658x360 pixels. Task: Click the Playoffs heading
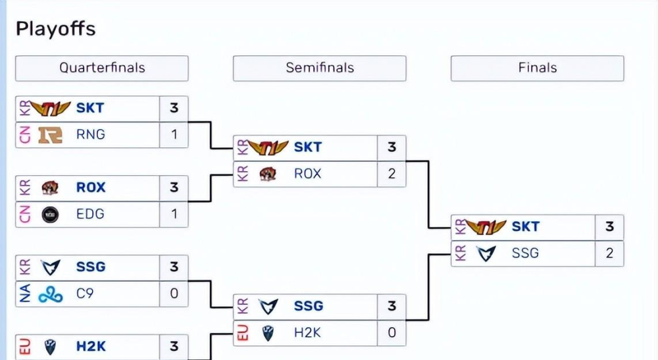click(56, 29)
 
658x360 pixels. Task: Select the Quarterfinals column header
click(102, 68)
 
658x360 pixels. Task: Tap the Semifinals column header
click(320, 68)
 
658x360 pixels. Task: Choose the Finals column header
click(538, 68)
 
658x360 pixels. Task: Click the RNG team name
click(91, 135)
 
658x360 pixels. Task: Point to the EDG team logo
click(51, 215)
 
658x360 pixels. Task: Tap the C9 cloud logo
click(51, 294)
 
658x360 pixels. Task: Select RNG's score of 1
click(174, 135)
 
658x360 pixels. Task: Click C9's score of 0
click(174, 294)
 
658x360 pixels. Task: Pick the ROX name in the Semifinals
click(308, 174)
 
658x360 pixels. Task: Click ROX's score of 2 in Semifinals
click(392, 174)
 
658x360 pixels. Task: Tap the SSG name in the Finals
click(525, 253)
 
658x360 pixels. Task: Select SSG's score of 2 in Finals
click(609, 253)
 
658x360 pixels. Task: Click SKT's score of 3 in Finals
click(609, 227)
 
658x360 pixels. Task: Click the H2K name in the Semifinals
click(307, 333)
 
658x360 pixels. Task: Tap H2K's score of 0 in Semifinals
click(392, 333)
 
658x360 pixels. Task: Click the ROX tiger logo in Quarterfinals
click(51, 188)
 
